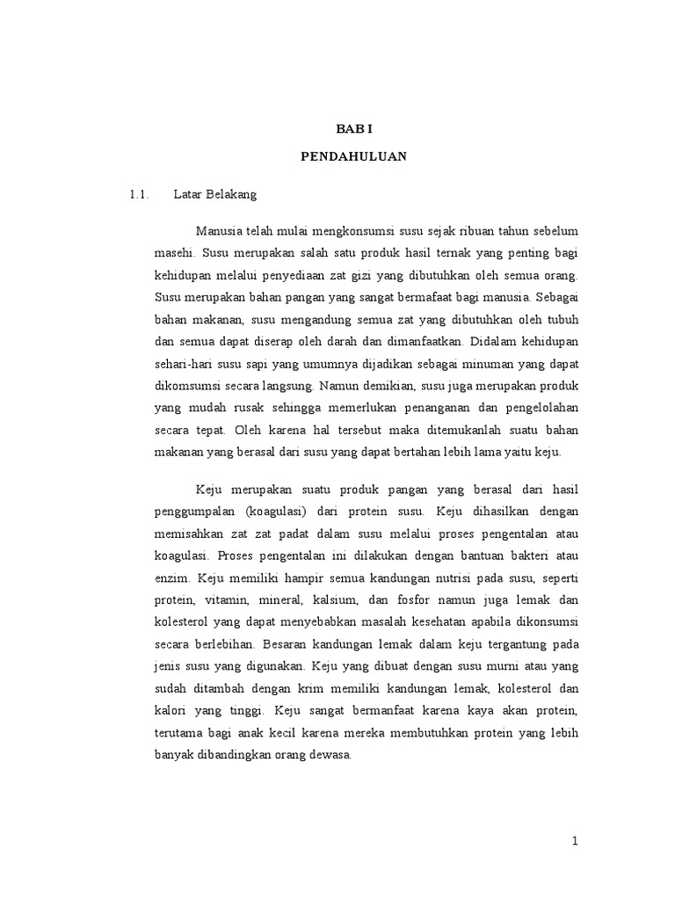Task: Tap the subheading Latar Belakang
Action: click(x=214, y=193)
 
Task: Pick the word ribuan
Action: click(x=473, y=230)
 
